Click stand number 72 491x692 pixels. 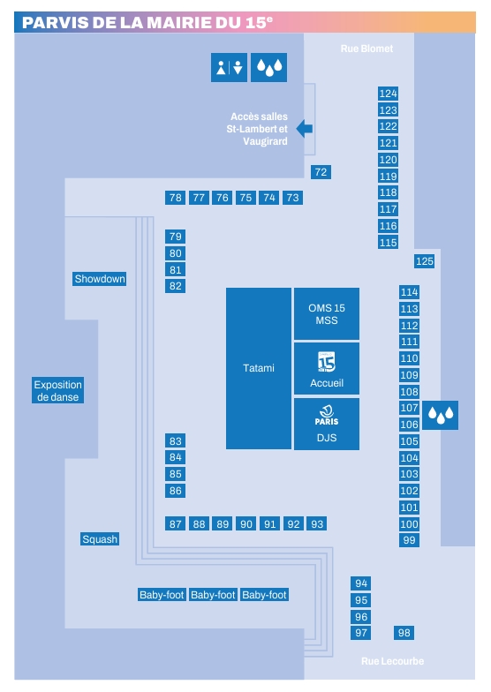pos(321,172)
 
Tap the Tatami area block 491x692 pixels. pos(259,369)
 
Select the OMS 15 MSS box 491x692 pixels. pos(327,314)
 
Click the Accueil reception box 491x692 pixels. pos(327,369)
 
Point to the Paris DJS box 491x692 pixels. pos(327,424)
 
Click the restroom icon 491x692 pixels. pos(230,67)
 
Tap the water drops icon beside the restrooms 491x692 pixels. pos(268,67)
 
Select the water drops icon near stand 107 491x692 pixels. pos(440,415)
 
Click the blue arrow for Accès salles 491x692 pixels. pos(305,129)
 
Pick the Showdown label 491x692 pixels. pos(99,279)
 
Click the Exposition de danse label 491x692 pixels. pos(58,390)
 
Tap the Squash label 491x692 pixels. pos(100,538)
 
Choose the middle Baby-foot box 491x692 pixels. pos(214,595)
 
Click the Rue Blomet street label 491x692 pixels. pos(366,49)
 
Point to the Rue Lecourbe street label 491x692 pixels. pos(392,661)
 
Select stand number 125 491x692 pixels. pos(424,261)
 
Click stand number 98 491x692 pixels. pos(404,633)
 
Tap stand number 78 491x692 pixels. pos(175,198)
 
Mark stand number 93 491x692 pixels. pos(317,524)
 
